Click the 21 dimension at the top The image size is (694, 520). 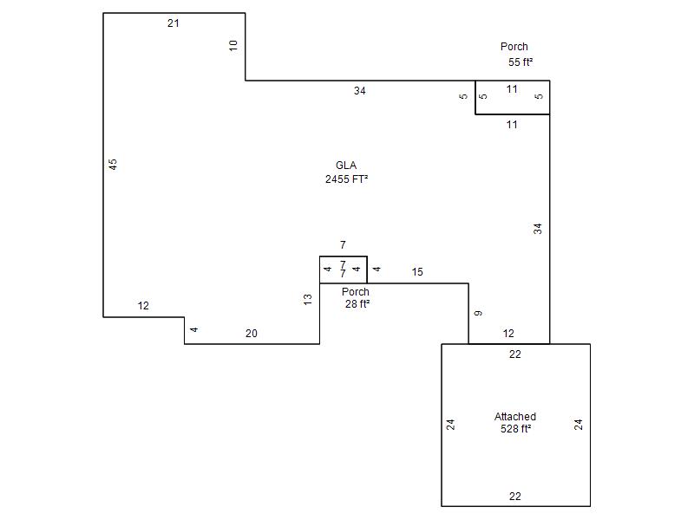[173, 23]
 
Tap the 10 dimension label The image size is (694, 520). [233, 45]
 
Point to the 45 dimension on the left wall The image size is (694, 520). [113, 164]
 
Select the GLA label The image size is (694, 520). [346, 166]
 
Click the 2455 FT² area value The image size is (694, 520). [346, 179]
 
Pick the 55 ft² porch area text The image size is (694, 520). [520, 62]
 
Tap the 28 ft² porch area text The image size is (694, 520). [357, 304]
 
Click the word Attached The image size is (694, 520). [515, 417]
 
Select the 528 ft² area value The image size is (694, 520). [515, 428]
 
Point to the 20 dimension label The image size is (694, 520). [252, 334]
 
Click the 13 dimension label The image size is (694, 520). [308, 299]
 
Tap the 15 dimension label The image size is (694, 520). [417, 272]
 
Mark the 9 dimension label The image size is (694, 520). [478, 313]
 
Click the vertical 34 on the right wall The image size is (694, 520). [537, 229]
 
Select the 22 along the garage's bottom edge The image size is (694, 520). [514, 496]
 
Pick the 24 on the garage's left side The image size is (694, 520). [450, 425]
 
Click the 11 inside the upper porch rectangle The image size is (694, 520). [512, 89]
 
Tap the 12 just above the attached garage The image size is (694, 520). [508, 334]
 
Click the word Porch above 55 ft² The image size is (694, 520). [514, 47]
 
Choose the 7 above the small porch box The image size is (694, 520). [343, 244]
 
